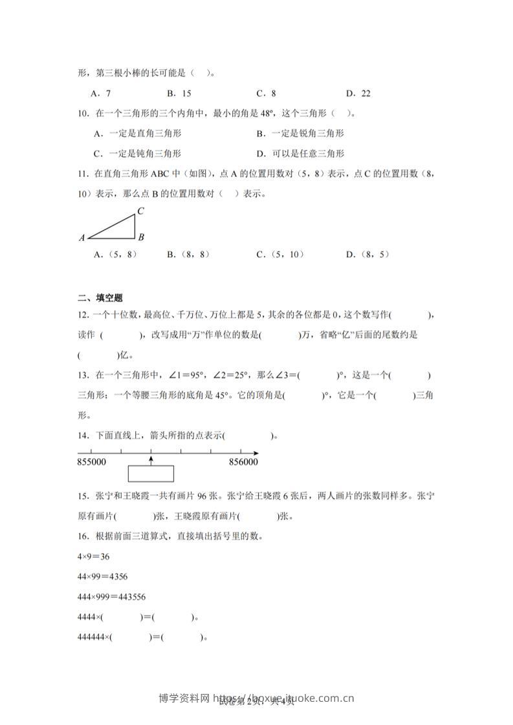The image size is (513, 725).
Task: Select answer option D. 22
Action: [x=358, y=93]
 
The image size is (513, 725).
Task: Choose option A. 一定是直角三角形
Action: [x=137, y=133]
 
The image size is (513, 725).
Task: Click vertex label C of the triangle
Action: [x=140, y=211]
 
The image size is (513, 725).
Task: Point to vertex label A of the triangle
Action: [x=82, y=238]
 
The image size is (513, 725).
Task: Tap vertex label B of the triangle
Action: [x=141, y=237]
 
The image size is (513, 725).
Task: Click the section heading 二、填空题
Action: [x=100, y=298]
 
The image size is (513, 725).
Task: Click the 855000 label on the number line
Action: [x=92, y=462]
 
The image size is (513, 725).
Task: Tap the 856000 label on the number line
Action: [x=243, y=462]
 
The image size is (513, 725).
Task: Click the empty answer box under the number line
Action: [x=151, y=474]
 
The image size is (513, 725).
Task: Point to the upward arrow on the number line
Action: [x=151, y=459]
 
